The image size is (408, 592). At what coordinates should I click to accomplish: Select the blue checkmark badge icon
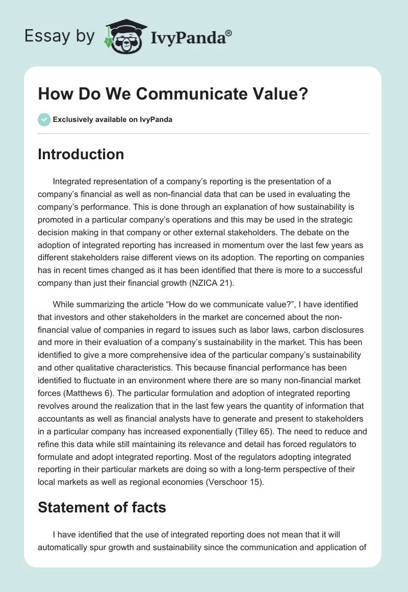(44, 120)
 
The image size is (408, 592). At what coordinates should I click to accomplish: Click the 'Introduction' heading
(81, 154)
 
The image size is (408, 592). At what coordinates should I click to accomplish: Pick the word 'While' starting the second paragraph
(63, 304)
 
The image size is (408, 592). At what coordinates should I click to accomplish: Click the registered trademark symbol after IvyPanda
(229, 33)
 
